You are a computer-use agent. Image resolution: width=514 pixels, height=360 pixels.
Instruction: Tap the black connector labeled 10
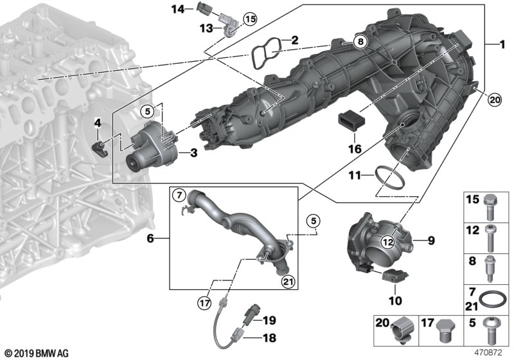[394, 275]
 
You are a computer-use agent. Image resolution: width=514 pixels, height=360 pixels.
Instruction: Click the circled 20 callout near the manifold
[494, 100]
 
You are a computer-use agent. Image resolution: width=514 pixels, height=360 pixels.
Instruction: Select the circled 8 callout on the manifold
[360, 42]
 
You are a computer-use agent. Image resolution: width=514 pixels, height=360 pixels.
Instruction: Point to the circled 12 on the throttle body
[388, 242]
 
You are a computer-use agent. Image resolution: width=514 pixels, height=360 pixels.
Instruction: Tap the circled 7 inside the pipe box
[179, 195]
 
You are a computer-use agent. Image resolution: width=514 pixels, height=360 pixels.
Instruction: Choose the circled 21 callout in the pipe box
[288, 282]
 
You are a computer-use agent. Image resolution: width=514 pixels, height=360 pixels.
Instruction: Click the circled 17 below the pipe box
[204, 304]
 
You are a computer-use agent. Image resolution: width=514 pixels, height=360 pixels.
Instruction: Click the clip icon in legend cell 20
[403, 330]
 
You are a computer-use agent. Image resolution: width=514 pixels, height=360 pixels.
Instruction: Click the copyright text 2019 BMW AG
[37, 354]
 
